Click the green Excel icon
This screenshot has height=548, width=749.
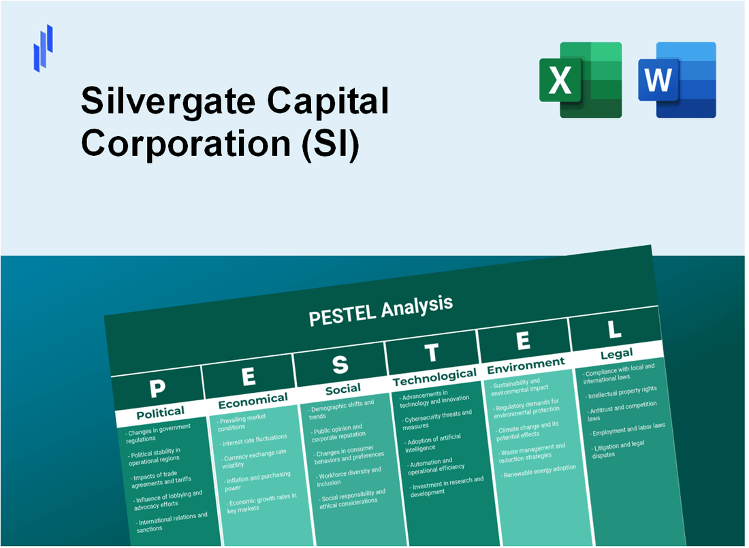pos(580,79)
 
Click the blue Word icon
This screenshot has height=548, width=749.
pos(677,79)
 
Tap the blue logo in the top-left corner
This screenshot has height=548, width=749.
pos(43,48)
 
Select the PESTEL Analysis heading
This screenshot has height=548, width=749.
pos(381,310)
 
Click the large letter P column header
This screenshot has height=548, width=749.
pos(157,388)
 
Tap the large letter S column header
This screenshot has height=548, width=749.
pos(340,365)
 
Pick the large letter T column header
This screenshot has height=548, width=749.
pos(432,353)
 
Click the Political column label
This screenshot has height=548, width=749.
pos(161,412)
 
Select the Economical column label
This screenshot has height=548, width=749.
pos(253,400)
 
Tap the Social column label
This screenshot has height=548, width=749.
pos(342,389)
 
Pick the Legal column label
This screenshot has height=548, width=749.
pos(616,353)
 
